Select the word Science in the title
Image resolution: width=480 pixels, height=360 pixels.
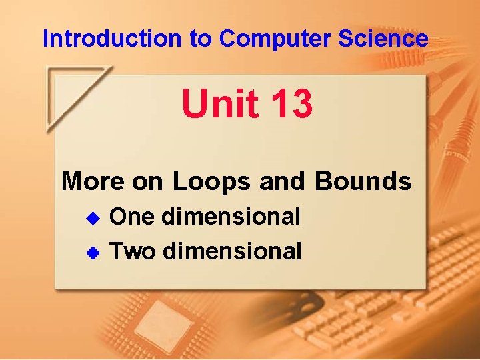pos(383,39)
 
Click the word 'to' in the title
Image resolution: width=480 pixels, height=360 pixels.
pos(201,39)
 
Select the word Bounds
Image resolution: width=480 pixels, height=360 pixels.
pos(363,181)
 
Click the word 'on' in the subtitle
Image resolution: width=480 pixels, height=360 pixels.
pos(148,181)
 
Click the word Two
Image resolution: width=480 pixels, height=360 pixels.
pos(133,251)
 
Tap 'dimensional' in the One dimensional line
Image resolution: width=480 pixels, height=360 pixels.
pos(231,217)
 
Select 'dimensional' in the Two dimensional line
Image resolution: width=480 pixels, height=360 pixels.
pos(231,251)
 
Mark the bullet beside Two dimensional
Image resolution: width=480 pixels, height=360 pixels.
pos(94,252)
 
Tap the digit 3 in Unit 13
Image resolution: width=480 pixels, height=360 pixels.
pos(299,105)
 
